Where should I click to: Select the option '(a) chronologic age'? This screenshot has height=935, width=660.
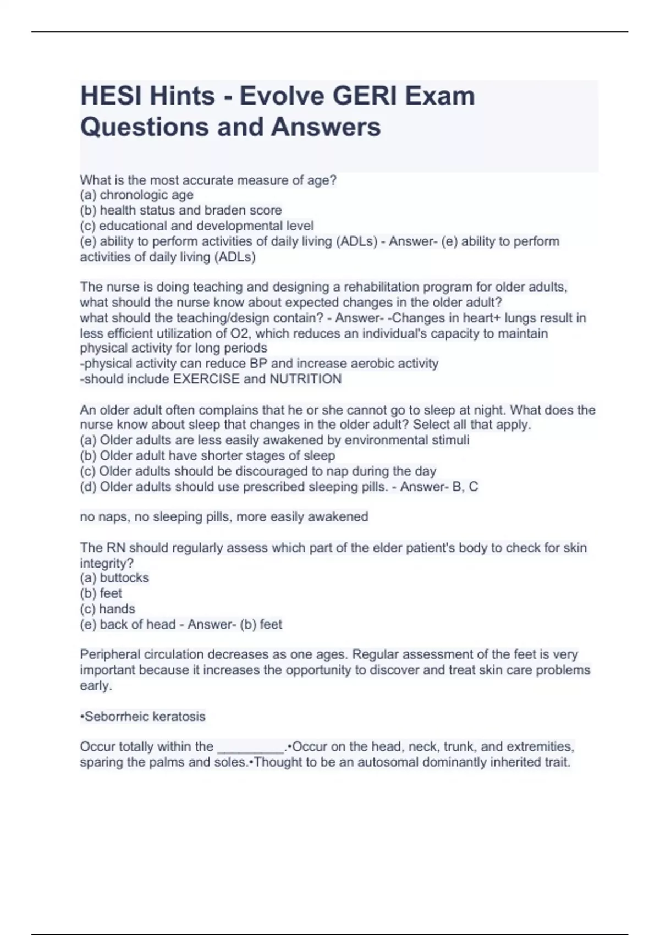137,195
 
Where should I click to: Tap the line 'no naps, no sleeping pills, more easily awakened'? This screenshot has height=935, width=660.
224,517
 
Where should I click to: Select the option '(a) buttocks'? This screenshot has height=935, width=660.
114,578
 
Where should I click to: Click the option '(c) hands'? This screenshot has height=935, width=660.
108,609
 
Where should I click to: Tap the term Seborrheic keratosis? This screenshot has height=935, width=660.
145,717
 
